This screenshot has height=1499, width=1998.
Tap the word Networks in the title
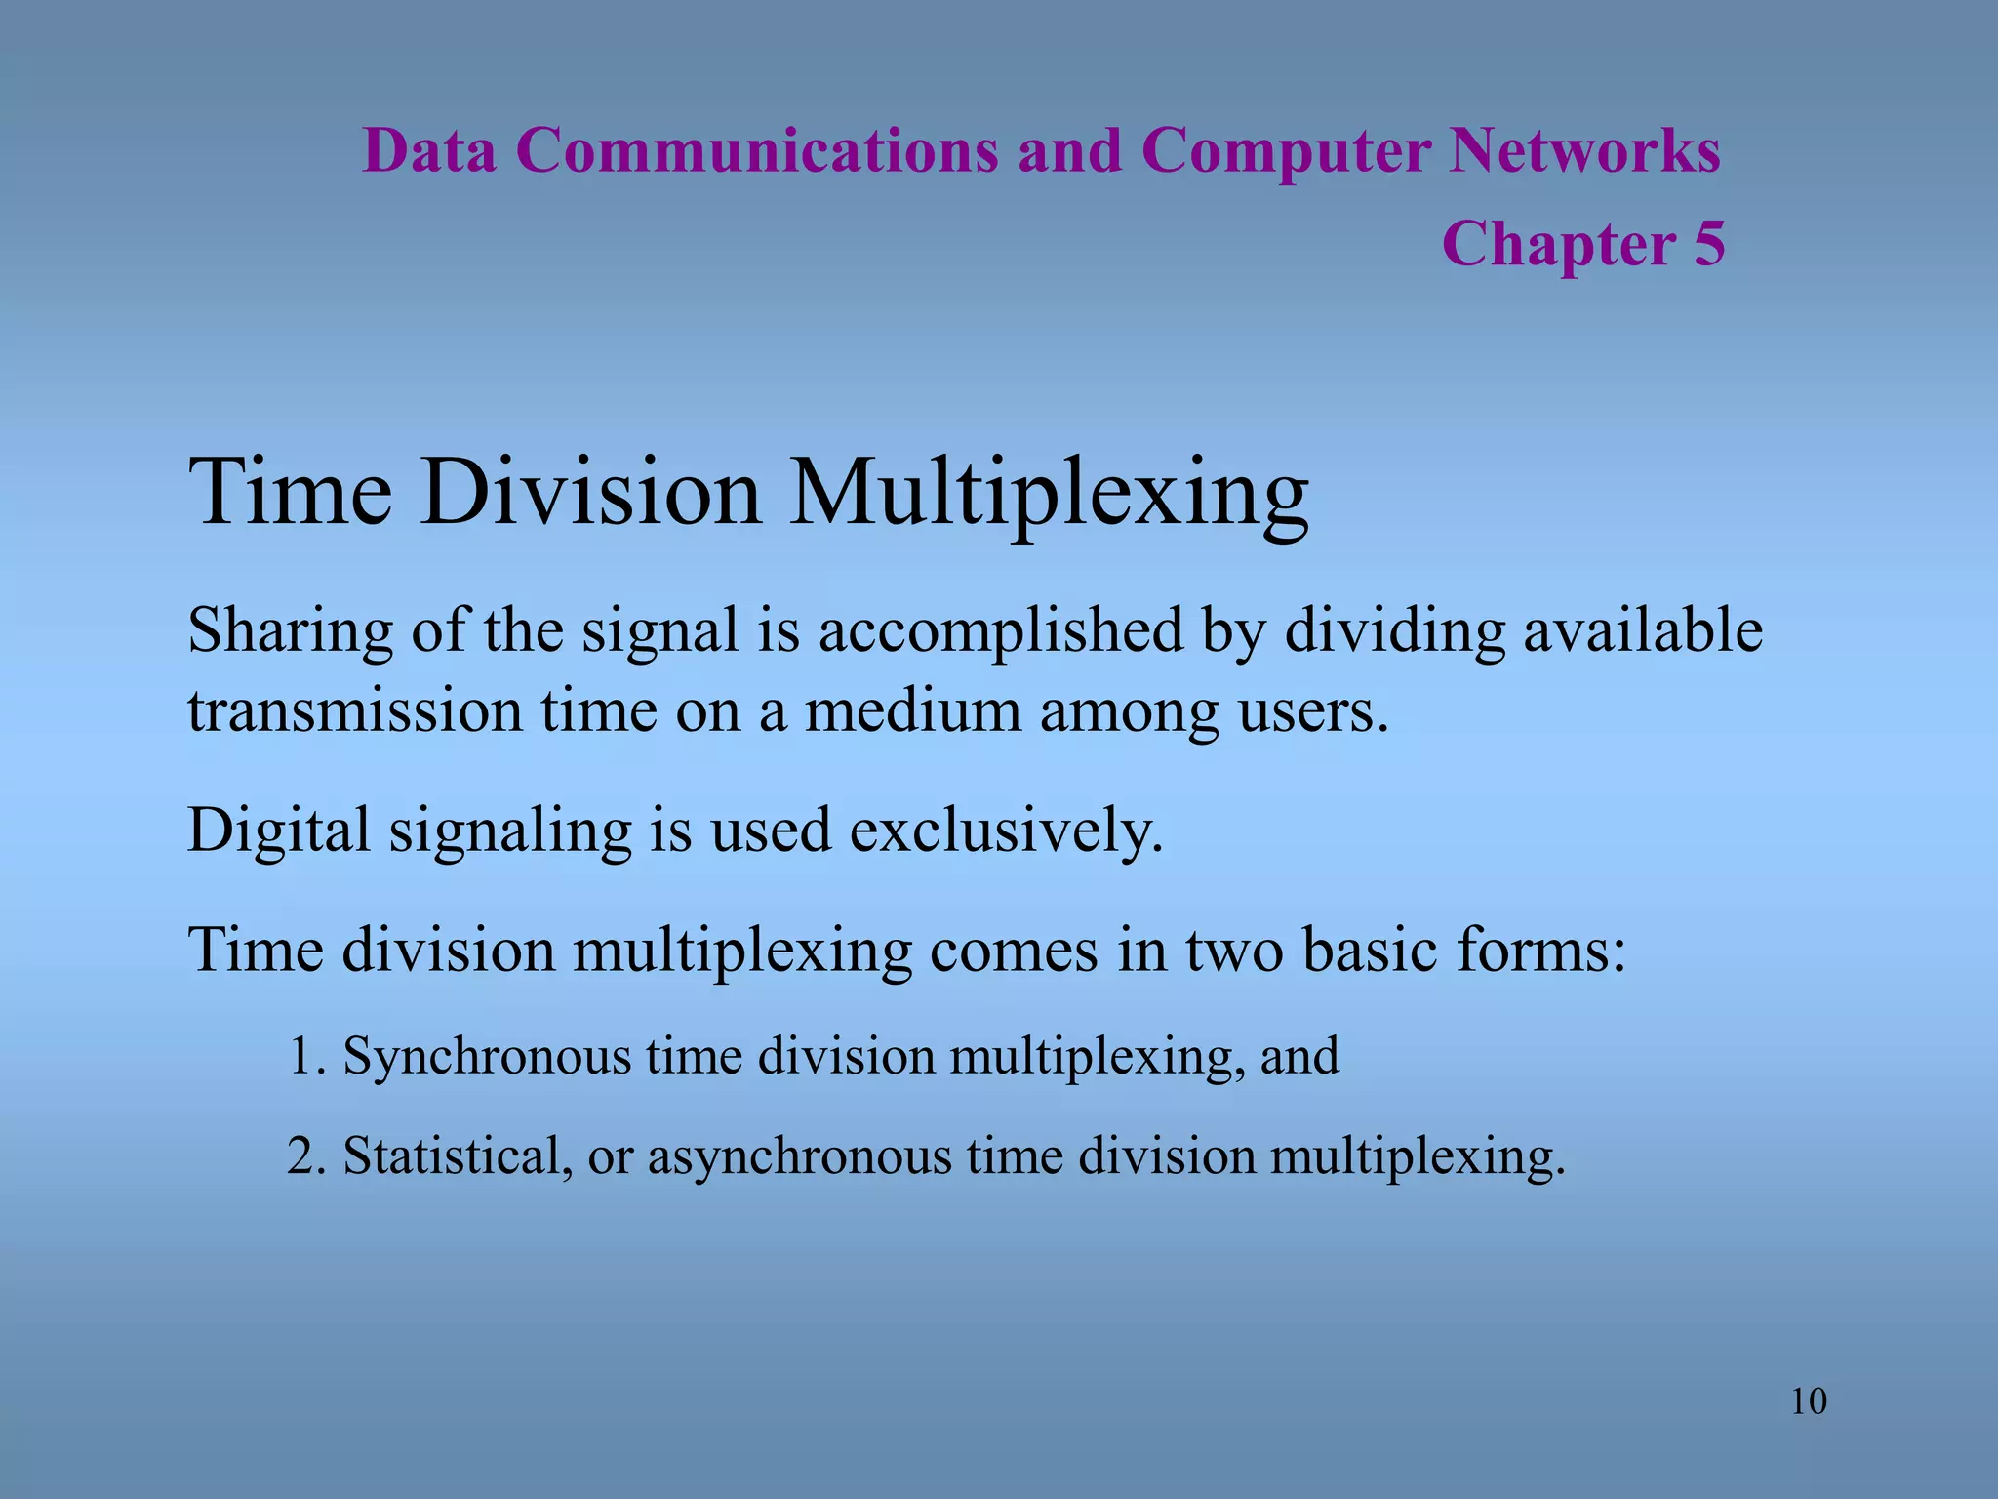click(1583, 151)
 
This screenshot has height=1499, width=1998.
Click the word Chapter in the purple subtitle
click(1558, 244)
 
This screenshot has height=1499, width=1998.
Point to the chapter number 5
click(1708, 244)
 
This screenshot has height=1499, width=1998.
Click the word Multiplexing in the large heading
click(1049, 494)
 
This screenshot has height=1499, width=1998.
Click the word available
click(1643, 630)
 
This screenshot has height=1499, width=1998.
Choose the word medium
click(912, 710)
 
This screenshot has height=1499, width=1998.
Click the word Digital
click(279, 831)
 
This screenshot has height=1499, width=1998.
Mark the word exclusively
click(1006, 831)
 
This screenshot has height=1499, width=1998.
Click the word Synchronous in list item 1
click(487, 1057)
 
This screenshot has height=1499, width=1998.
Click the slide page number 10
click(1809, 1402)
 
